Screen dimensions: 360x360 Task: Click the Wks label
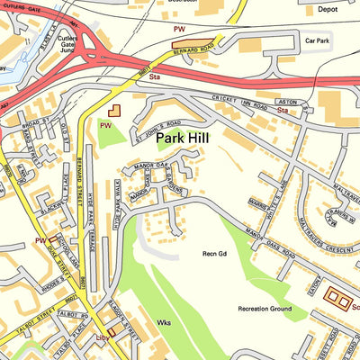[x=163, y=321]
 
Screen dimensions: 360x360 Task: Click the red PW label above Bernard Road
[x=178, y=30]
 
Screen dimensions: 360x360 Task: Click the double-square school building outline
[x=338, y=295]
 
